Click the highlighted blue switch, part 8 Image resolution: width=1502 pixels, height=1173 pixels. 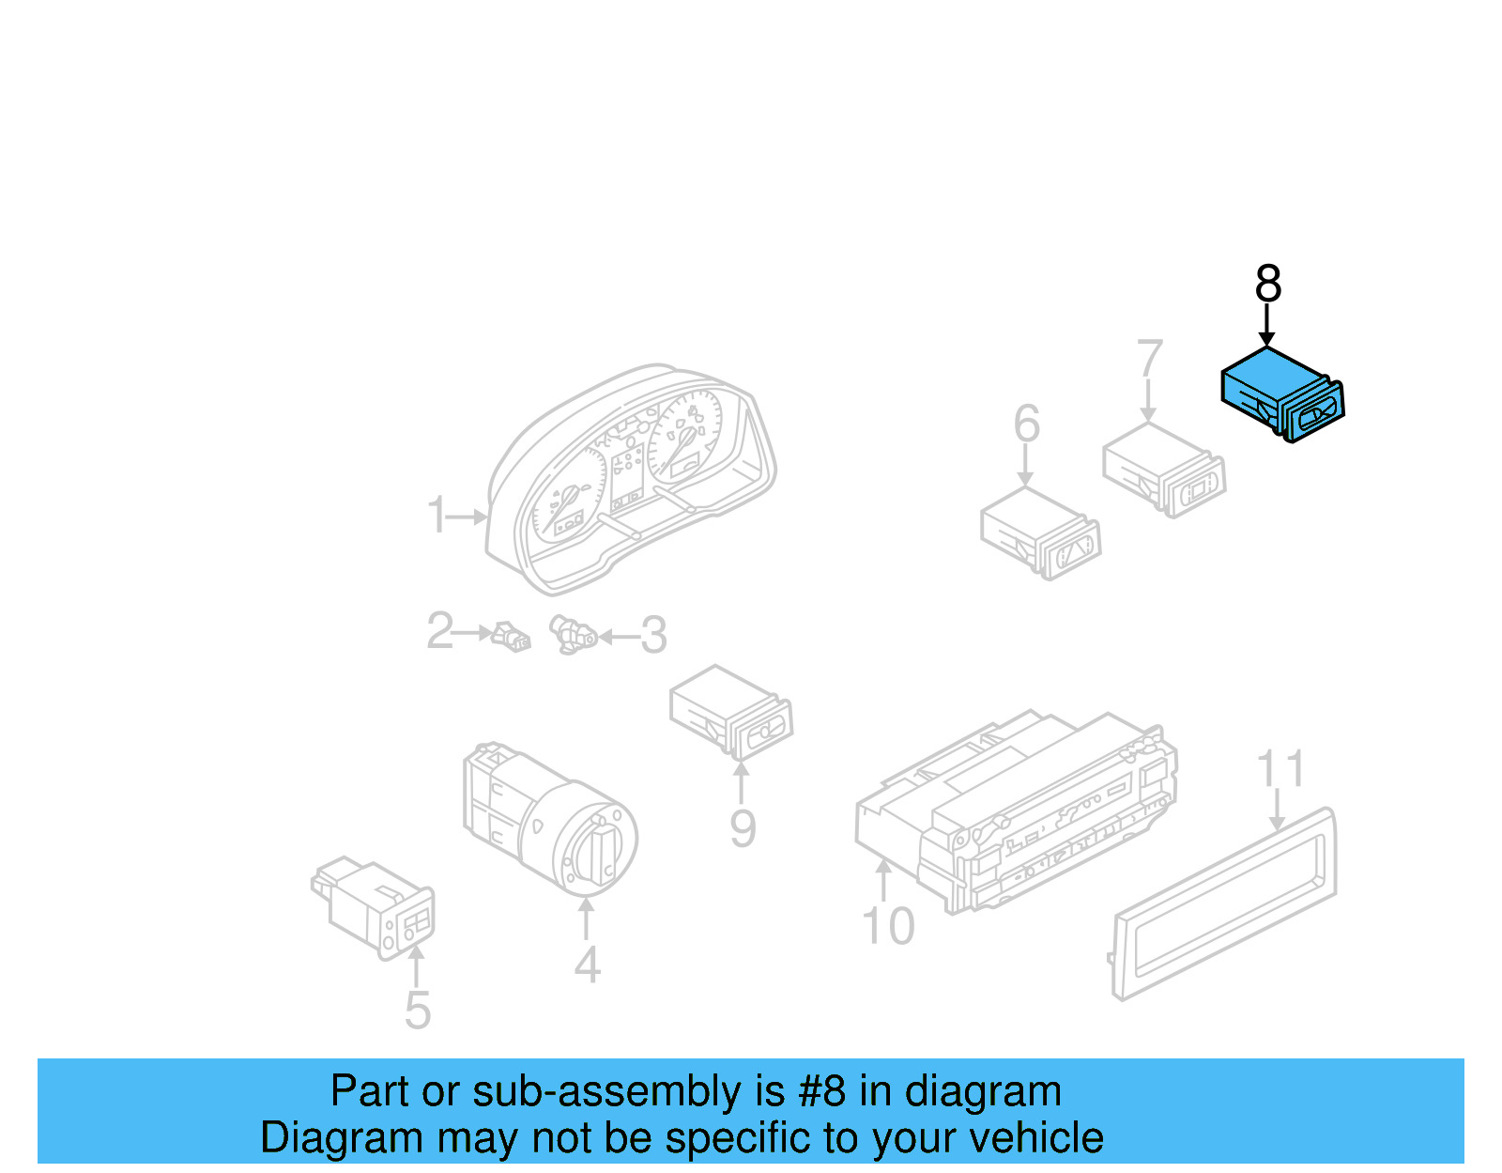1281,394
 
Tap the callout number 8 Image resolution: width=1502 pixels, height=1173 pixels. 1267,283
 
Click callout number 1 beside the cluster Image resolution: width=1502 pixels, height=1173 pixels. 437,516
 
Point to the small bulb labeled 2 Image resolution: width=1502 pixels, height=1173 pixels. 512,636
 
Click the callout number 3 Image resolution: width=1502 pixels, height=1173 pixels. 653,636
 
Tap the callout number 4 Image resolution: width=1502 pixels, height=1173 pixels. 587,965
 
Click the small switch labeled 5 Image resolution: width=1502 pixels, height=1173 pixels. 375,906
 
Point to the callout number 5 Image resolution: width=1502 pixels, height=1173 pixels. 418,1011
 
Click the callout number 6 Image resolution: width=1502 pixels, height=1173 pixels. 1026,424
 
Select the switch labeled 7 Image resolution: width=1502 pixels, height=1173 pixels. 1164,470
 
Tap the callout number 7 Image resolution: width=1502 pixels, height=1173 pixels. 1149,360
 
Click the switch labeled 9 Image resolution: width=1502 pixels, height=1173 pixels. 731,713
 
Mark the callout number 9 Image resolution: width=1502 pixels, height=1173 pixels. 743,829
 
